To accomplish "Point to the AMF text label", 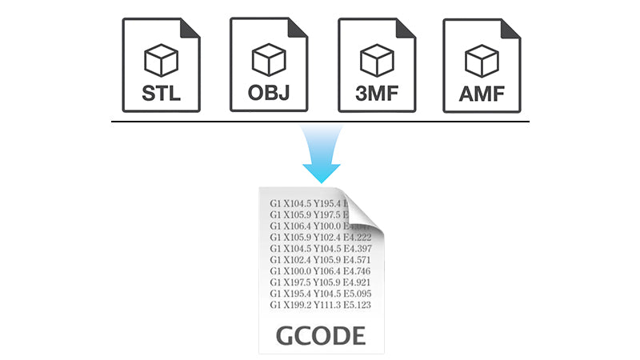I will tap(482, 94).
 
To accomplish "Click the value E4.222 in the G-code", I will tap(357, 237).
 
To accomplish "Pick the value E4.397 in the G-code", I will tap(357, 248).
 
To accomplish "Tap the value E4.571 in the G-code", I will tap(357, 259).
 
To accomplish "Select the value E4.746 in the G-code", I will tap(357, 270).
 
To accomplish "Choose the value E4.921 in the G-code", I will tap(357, 282).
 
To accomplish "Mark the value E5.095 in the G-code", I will tap(357, 294).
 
